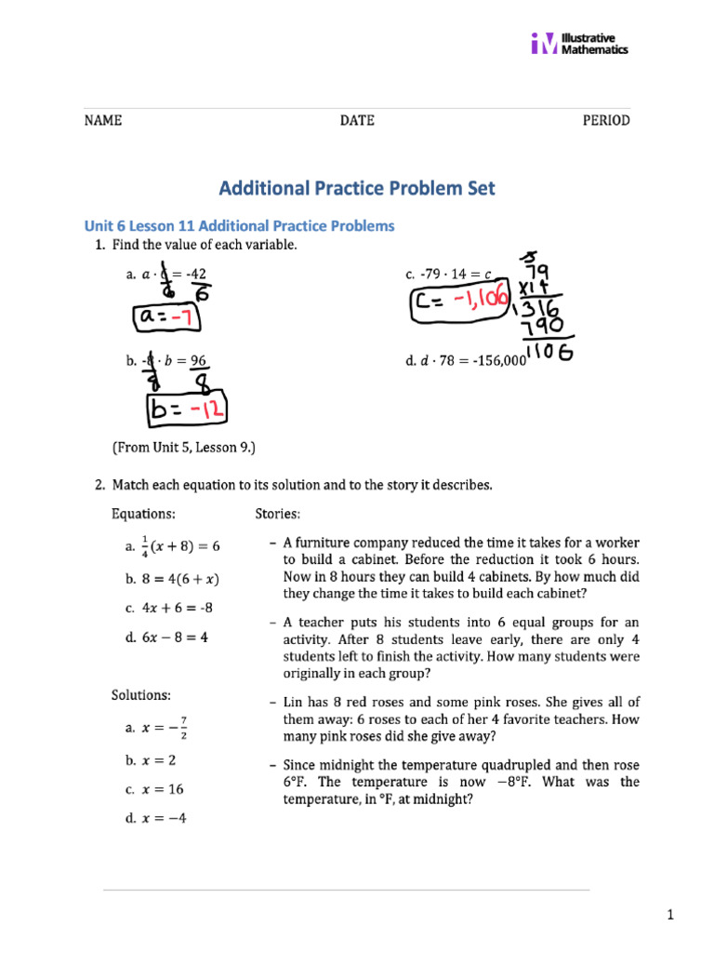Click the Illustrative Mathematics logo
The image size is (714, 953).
[x=579, y=43]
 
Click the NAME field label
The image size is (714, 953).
[x=103, y=121]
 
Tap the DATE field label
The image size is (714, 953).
[x=357, y=121]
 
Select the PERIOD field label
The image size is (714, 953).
[x=605, y=121]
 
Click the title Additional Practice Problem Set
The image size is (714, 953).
[x=357, y=188]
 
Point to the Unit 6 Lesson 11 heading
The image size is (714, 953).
[x=239, y=226]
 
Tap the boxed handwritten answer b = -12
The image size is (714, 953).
[x=185, y=410]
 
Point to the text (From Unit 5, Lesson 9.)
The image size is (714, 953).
[x=183, y=448]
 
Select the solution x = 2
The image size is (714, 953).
[x=152, y=759]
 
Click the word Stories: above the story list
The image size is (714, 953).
[x=277, y=514]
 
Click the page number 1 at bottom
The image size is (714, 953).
[x=668, y=917]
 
